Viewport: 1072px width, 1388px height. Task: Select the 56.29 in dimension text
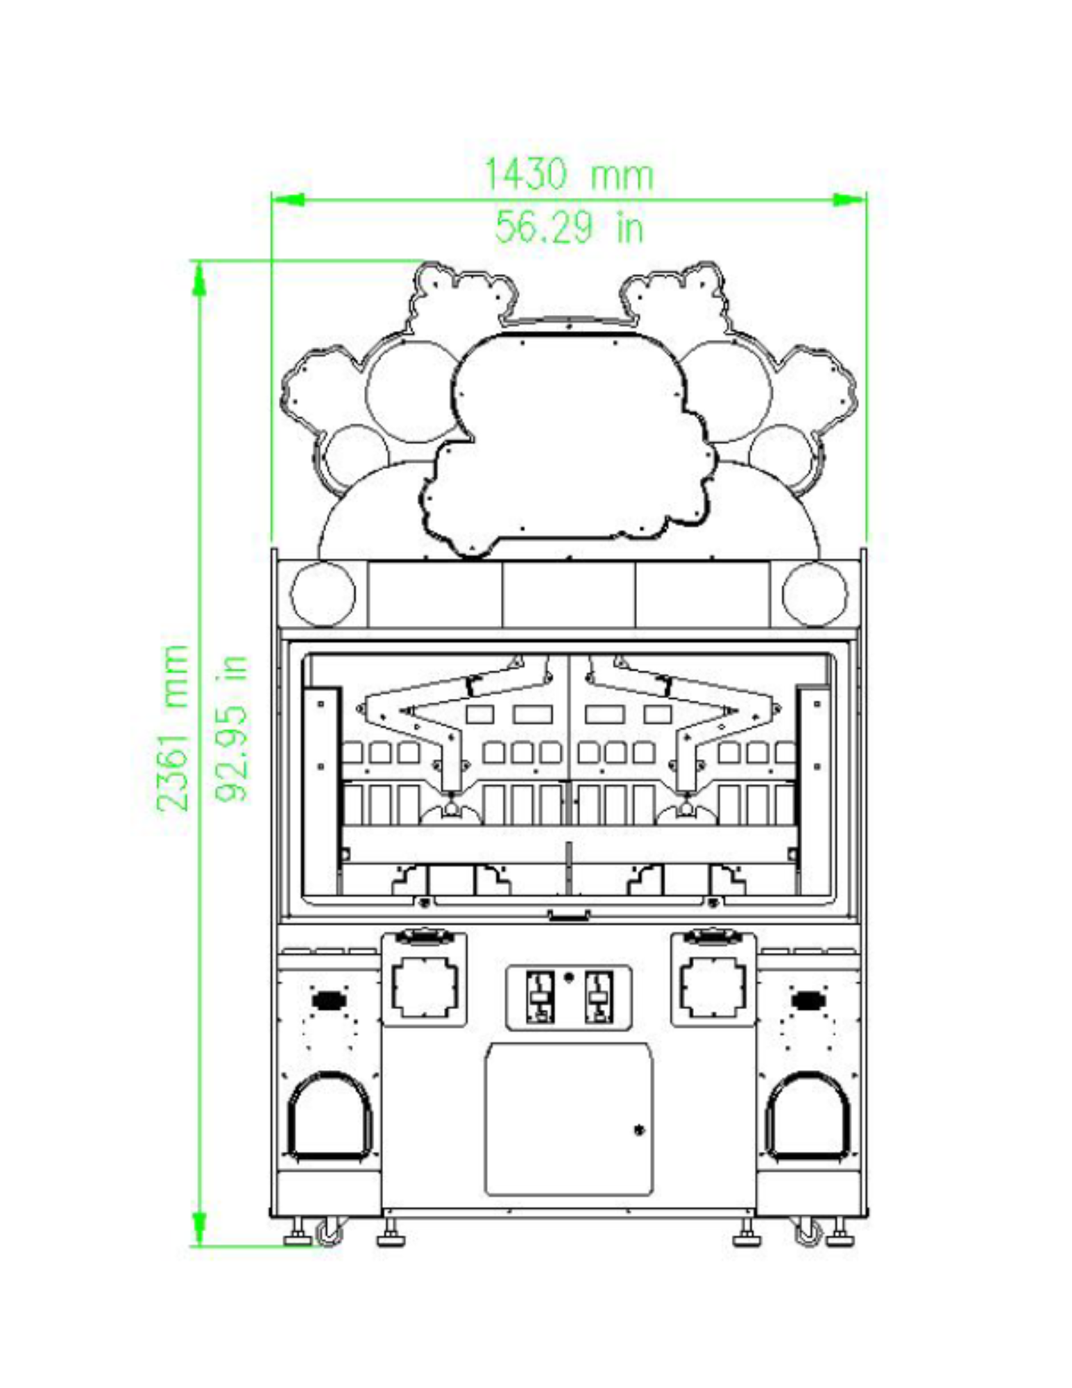(569, 226)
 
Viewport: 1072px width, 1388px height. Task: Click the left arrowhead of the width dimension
(287, 200)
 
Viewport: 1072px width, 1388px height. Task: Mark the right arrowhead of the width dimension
(849, 200)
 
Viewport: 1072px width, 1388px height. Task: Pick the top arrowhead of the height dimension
(199, 278)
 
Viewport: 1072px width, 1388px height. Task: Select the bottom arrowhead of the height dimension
(199, 1228)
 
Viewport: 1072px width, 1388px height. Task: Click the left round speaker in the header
(323, 594)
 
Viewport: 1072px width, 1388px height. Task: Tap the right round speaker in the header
(815, 594)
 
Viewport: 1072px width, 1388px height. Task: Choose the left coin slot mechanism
(539, 997)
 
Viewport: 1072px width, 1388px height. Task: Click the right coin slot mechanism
(598, 997)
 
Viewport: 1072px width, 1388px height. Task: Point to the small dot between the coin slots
(569, 978)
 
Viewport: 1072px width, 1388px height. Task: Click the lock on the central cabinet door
(639, 1131)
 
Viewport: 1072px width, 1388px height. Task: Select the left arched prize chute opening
(330, 1117)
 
